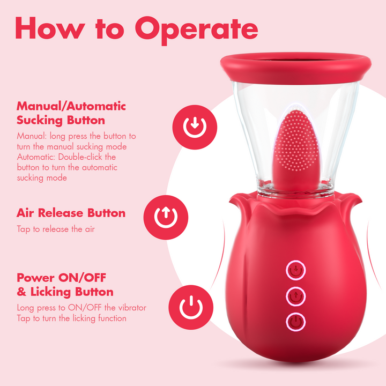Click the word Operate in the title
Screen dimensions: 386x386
196,31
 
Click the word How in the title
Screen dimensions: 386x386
50,28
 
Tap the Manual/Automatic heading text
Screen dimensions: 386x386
71,106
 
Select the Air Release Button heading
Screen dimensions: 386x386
71,213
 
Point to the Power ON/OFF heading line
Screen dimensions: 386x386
61,278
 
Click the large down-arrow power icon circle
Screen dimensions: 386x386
195,127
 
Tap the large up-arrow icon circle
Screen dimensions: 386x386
166,217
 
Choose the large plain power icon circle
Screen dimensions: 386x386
191,307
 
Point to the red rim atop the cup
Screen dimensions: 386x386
296,68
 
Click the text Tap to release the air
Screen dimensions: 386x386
56,229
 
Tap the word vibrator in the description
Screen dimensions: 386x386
132,308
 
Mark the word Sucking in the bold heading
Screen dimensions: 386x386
40,121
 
